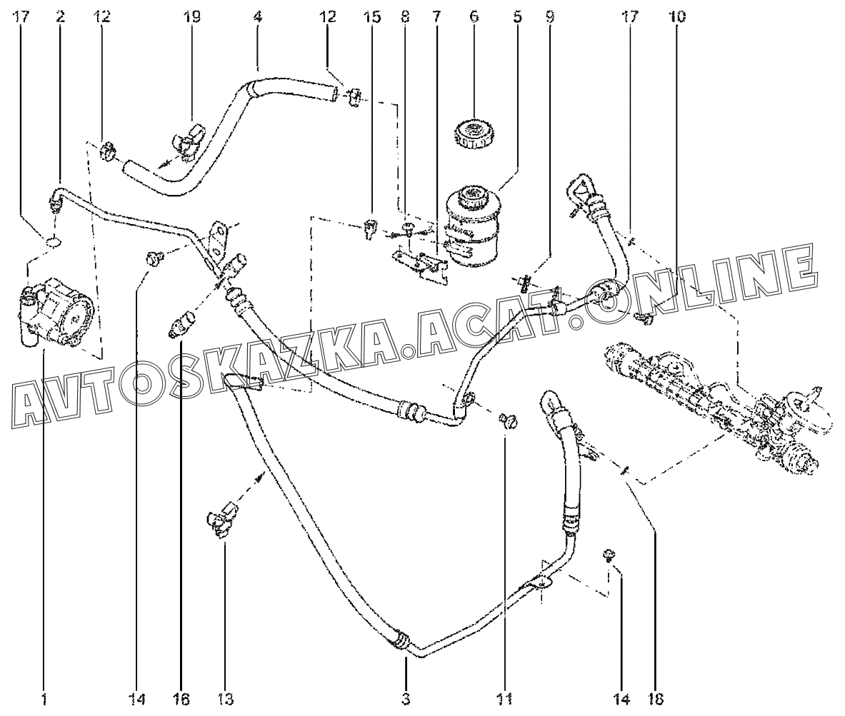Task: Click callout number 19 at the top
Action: pyautogui.click(x=192, y=16)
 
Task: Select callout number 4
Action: pyautogui.click(x=257, y=16)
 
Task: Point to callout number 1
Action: pyautogui.click(x=44, y=698)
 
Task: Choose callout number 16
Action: pyautogui.click(x=181, y=698)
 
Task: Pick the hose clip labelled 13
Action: pyautogui.click(x=222, y=519)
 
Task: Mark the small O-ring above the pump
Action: pyautogui.click(x=53, y=243)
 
